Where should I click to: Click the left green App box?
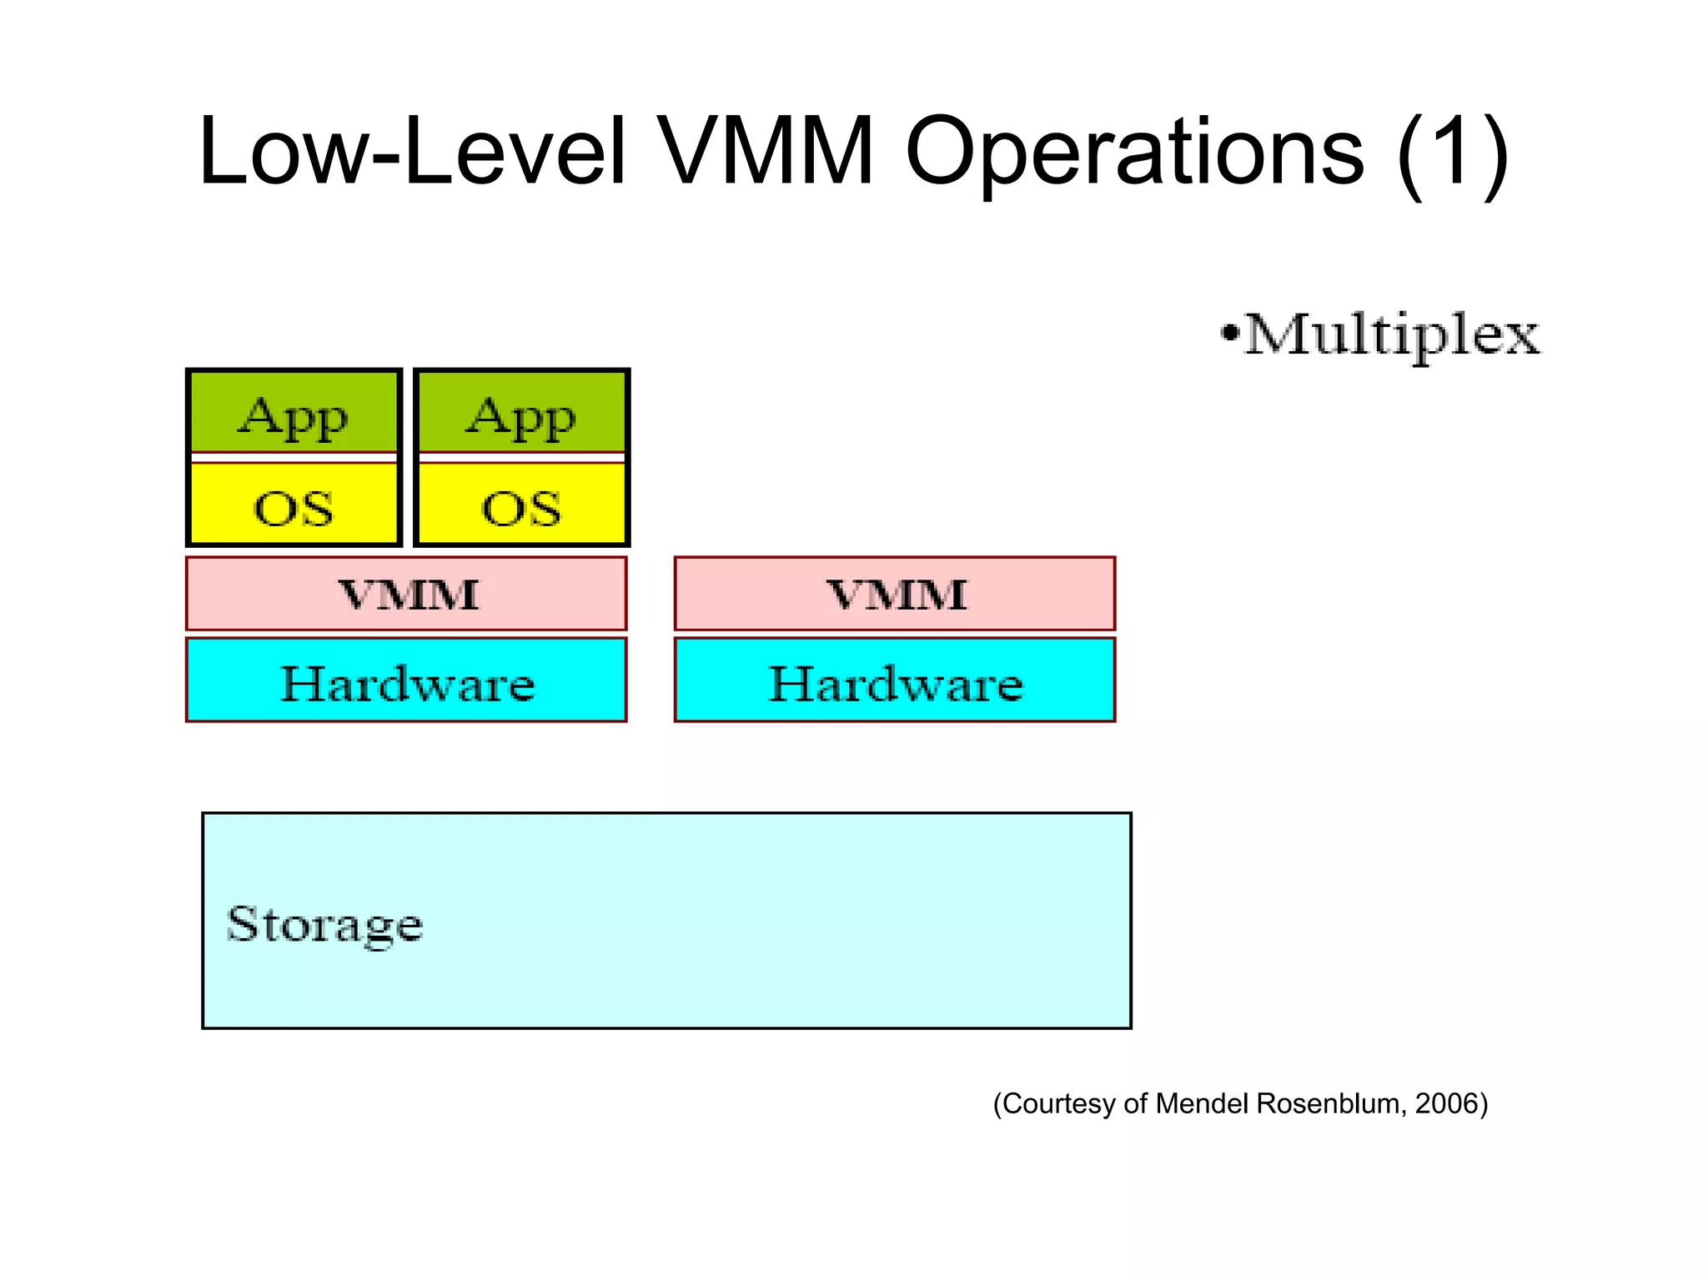point(294,413)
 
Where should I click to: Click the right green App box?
point(521,413)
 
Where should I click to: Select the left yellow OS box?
point(294,505)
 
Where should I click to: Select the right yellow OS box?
point(521,505)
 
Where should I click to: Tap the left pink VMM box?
point(406,594)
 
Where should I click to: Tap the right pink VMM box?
point(895,594)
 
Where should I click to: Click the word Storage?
point(325,924)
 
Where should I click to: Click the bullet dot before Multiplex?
point(1229,334)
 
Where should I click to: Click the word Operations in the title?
point(1134,152)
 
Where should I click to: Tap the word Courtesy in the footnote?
point(1059,1103)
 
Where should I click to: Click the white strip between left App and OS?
point(294,457)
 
